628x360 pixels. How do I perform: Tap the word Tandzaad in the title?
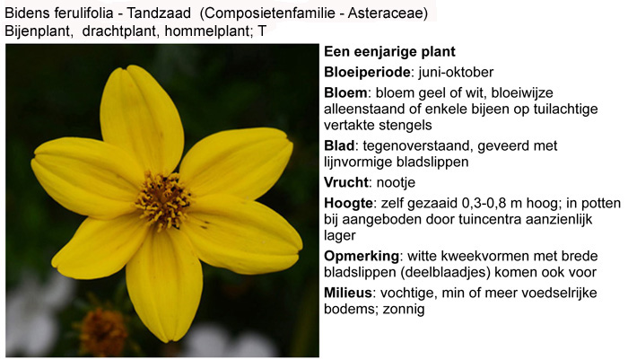click(159, 13)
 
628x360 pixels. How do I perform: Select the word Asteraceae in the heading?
click(387, 13)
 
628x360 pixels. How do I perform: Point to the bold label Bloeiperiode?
click(367, 72)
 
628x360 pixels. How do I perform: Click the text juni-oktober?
click(456, 72)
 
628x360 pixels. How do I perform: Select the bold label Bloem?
click(345, 92)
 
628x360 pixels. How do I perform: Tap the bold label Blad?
click(339, 145)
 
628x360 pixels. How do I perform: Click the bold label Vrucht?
click(346, 182)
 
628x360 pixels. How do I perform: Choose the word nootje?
click(396, 182)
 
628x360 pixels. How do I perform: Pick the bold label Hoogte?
click(348, 203)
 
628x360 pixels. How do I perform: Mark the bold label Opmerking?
click(362, 256)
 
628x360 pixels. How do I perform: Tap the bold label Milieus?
click(348, 293)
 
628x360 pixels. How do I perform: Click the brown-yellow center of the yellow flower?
click(163, 200)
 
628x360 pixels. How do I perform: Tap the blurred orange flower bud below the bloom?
click(103, 330)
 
